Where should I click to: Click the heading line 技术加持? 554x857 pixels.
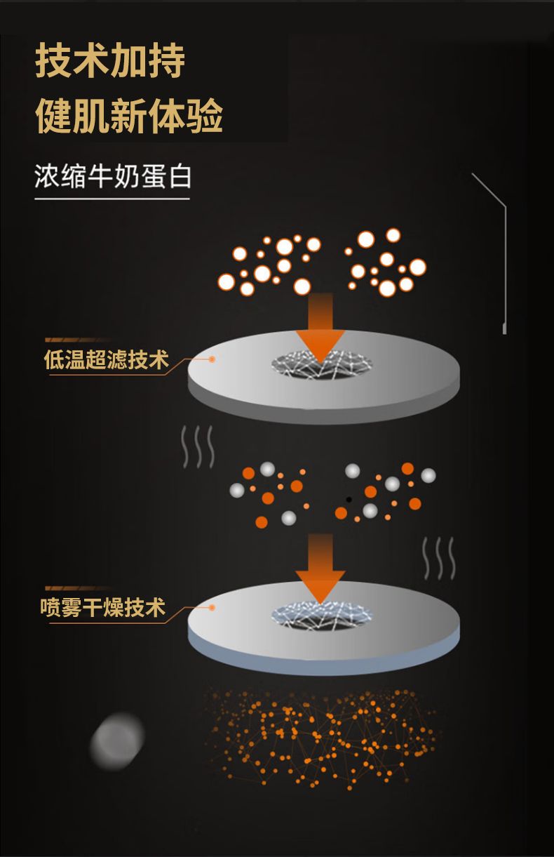click(110, 61)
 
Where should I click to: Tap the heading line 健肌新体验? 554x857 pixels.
click(129, 116)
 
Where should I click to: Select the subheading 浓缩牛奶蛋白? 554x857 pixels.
click(112, 176)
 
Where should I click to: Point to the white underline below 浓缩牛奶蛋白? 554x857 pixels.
click(112, 199)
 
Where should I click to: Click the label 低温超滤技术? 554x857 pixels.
click(107, 360)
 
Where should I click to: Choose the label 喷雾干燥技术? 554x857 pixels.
click(103, 607)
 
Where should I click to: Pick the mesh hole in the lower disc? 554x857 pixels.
click(322, 615)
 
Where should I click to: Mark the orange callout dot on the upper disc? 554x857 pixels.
click(211, 359)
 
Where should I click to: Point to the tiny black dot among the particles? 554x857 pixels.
click(349, 500)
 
